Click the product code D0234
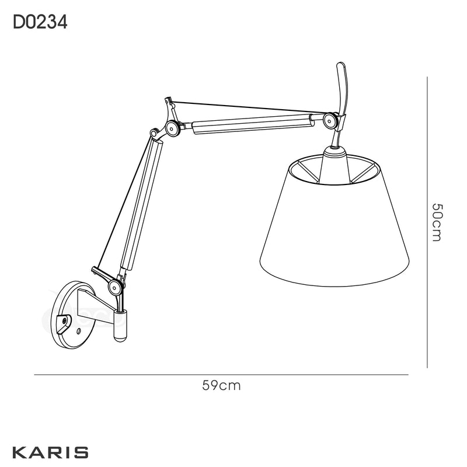40,23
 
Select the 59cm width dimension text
221,385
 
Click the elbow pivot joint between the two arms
172,128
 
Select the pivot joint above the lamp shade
330,121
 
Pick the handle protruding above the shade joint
342,88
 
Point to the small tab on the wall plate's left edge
66,320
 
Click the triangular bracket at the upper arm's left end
170,110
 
